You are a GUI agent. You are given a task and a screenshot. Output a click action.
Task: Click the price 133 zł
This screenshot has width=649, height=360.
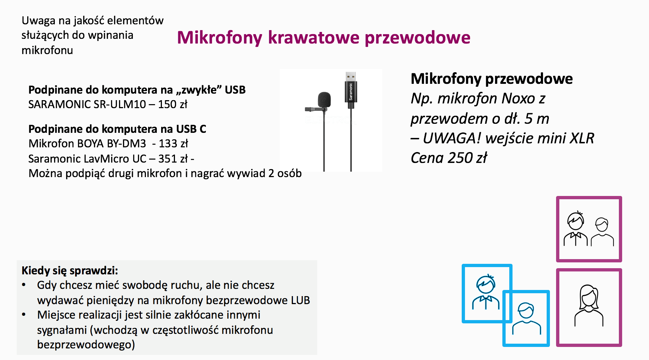pos(173,144)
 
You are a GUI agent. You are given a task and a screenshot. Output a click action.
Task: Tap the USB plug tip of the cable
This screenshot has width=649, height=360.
pos(350,76)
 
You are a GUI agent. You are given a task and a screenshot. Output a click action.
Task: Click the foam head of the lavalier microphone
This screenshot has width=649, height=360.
pos(324,99)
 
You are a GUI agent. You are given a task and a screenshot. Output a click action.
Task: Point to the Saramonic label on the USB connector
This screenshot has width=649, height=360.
pos(351,91)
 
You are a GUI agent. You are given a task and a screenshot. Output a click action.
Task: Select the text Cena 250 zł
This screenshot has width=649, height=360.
pos(449,158)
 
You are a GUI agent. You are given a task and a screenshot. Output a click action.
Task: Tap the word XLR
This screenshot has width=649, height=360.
pos(582,138)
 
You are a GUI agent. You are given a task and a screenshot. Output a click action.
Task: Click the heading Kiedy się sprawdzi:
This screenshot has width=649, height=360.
pos(70,271)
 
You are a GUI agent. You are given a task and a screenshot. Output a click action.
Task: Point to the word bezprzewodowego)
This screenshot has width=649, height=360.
pos(86,344)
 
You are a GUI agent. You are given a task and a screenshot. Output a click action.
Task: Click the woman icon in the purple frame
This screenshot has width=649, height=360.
pos(589,305)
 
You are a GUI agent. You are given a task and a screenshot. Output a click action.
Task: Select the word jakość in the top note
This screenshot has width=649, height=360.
pos(89,21)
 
